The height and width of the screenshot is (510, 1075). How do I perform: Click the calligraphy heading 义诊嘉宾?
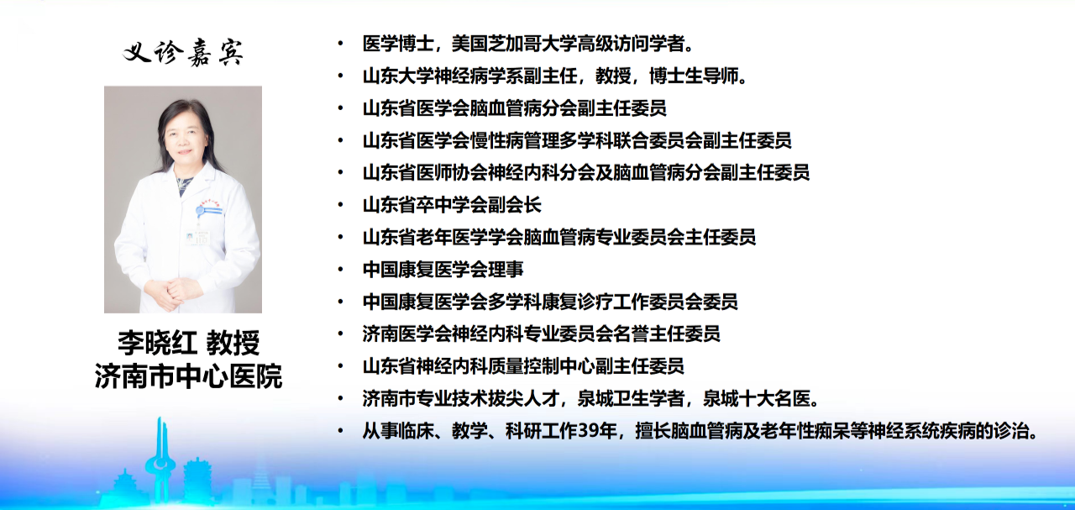pos(183,52)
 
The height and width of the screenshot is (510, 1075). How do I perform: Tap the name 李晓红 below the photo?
pos(157,343)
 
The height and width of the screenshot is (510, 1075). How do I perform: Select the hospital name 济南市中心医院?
pos(188,376)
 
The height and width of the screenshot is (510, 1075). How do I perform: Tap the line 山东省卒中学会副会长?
pos(452,205)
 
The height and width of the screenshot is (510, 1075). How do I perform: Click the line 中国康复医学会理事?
pos(443,270)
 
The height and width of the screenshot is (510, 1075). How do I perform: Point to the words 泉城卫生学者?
pos(631,398)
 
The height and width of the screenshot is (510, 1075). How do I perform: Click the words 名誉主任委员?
pos(667,334)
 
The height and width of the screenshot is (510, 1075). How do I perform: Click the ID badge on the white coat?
pos(198,237)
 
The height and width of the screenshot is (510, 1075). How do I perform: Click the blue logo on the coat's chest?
pos(210,209)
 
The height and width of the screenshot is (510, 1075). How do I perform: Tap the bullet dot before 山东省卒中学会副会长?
pos(340,205)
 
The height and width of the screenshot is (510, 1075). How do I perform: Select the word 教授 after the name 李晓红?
pos(233,343)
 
